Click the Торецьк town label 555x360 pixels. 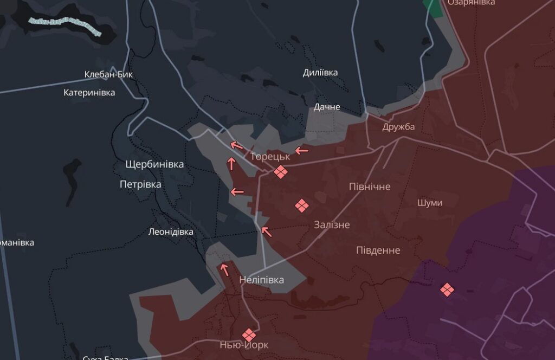(x=270, y=156)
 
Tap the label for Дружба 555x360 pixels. (x=398, y=127)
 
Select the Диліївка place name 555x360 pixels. (x=320, y=73)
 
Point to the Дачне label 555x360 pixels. (x=327, y=107)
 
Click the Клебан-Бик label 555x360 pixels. (x=108, y=74)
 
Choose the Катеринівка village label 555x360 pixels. (x=89, y=93)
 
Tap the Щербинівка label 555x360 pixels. (x=154, y=164)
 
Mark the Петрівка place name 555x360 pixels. (x=140, y=184)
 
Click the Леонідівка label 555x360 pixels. (x=171, y=232)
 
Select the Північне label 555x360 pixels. (x=370, y=187)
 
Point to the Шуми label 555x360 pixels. (x=430, y=203)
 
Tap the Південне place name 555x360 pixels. (x=378, y=250)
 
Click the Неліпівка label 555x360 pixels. (x=262, y=280)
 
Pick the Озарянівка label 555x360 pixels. (x=471, y=3)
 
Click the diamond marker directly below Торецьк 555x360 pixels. (x=280, y=172)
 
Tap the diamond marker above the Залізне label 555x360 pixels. (x=301, y=205)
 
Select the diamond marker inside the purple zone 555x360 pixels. (x=447, y=290)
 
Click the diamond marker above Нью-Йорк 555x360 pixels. (x=249, y=335)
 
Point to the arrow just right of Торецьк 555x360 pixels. (x=301, y=150)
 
